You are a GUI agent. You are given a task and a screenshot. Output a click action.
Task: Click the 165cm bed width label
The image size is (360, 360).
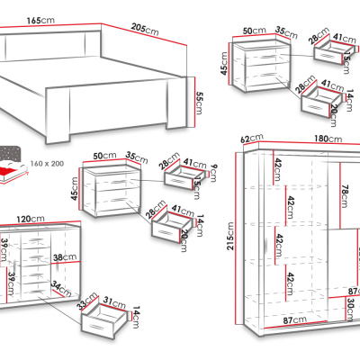coord(37,20)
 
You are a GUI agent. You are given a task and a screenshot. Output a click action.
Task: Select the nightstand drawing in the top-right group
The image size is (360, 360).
coord(268,71)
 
